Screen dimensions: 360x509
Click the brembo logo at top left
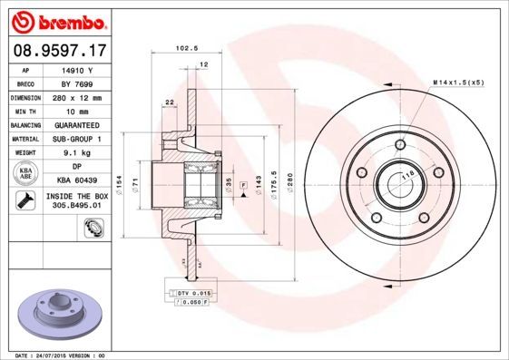coord(58,20)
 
